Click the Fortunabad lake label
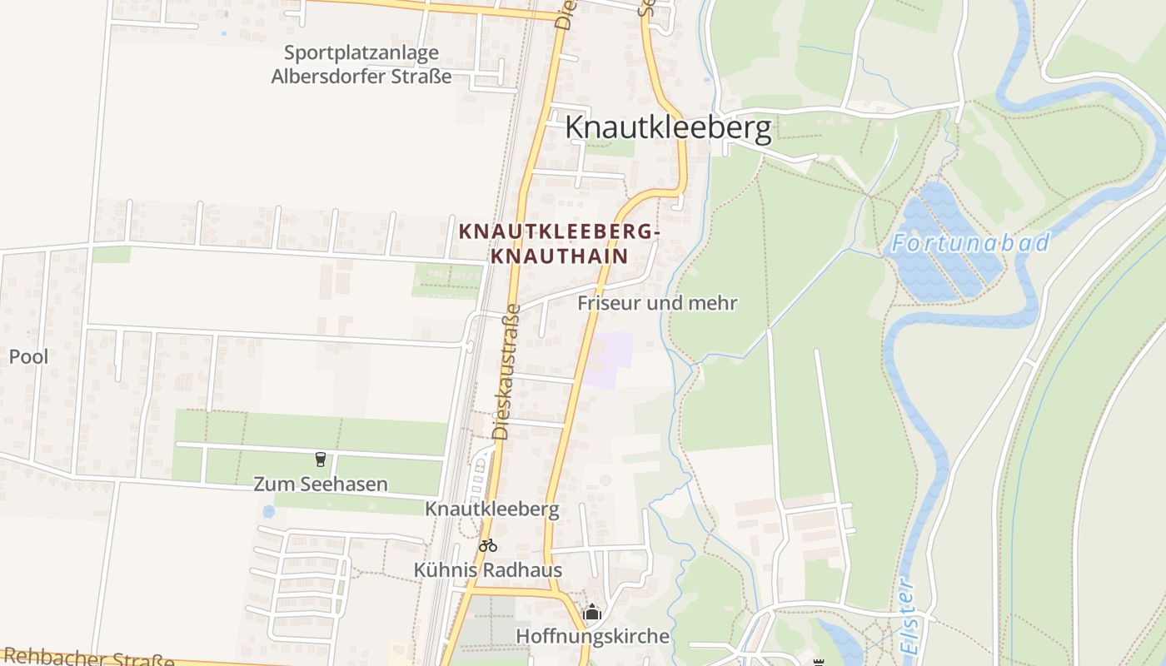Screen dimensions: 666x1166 click(x=969, y=243)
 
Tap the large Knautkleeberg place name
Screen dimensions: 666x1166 click(x=668, y=128)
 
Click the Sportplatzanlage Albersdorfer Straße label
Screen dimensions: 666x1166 click(x=361, y=65)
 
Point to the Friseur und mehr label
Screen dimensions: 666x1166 click(x=657, y=303)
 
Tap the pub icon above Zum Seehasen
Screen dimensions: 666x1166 click(x=320, y=460)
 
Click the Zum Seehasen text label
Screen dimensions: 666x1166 click(x=321, y=484)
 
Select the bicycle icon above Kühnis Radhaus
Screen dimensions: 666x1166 click(x=488, y=546)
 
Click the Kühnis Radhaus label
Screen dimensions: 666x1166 click(x=488, y=570)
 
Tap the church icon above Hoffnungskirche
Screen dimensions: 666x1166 click(x=592, y=613)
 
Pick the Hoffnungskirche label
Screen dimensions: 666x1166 click(x=593, y=636)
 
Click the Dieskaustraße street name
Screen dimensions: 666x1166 click(x=506, y=371)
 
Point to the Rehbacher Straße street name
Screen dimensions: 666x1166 click(x=87, y=658)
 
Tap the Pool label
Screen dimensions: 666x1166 click(x=28, y=357)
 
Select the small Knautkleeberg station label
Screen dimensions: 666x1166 click(x=491, y=509)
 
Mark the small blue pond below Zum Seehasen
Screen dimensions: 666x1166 click(x=268, y=511)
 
